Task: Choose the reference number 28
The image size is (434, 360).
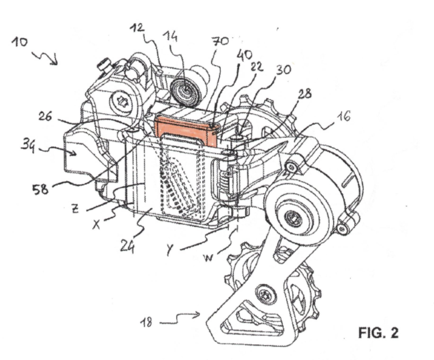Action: [304, 94]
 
